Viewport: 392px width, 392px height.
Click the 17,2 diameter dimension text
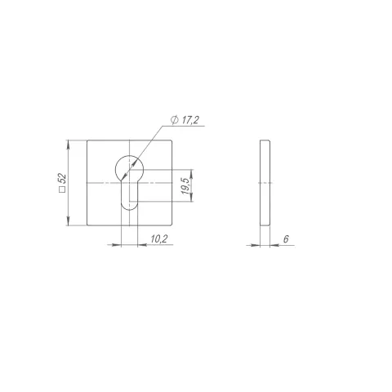[190, 120]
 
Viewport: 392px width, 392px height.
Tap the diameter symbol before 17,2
[175, 120]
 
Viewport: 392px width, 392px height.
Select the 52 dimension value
[63, 179]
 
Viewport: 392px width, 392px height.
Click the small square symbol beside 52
[63, 189]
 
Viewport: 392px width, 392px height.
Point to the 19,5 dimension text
[185, 186]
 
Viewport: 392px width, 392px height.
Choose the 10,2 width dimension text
[159, 239]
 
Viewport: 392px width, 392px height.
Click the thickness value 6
[286, 239]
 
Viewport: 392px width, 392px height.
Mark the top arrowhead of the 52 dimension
[68, 145]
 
